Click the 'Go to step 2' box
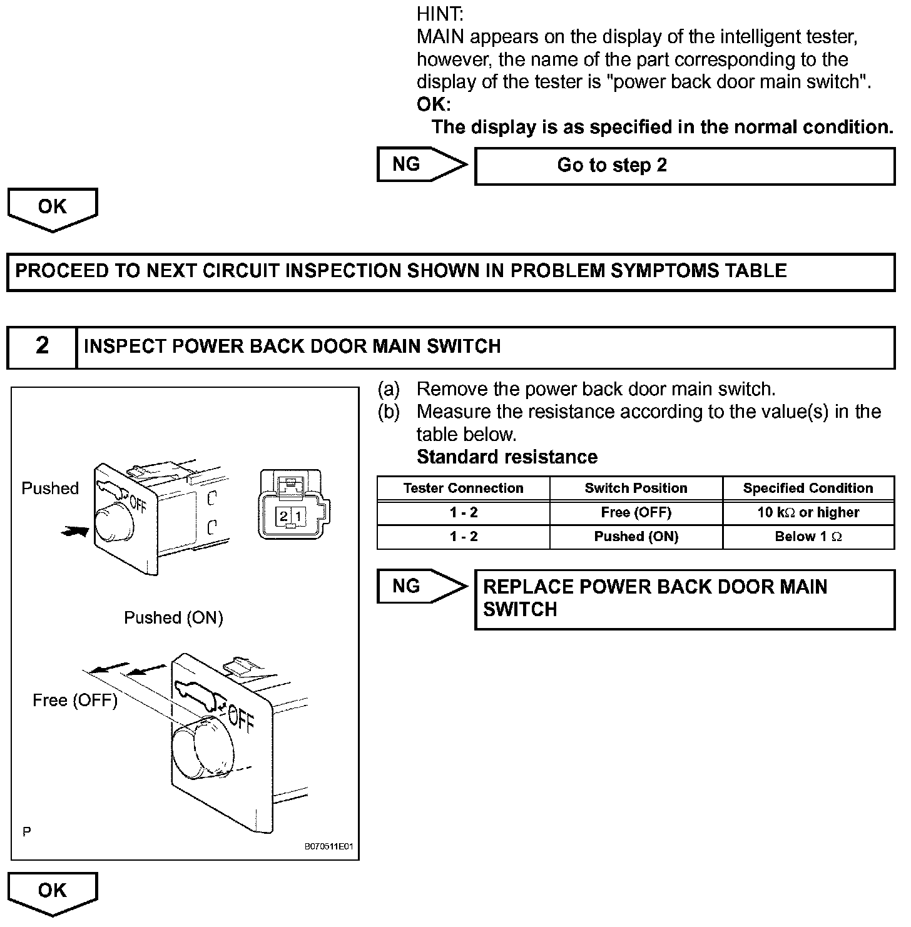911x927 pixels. (685, 166)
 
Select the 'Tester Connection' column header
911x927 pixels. (463, 488)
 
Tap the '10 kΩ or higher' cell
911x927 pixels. (808, 512)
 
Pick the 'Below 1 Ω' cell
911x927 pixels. (808, 536)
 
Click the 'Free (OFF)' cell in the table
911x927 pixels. (636, 512)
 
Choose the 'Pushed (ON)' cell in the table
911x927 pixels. (636, 536)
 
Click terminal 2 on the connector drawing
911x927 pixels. (283, 516)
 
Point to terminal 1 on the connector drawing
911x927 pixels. (298, 516)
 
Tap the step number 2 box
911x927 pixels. (42, 346)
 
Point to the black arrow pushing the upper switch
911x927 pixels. (75, 531)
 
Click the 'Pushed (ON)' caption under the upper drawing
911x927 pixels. (173, 618)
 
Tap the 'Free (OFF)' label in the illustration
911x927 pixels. (75, 701)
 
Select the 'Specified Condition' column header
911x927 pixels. (808, 488)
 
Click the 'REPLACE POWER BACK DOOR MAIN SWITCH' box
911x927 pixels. (685, 599)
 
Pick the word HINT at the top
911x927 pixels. (440, 14)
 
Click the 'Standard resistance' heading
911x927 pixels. (507, 457)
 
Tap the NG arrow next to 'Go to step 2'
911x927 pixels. (421, 165)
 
